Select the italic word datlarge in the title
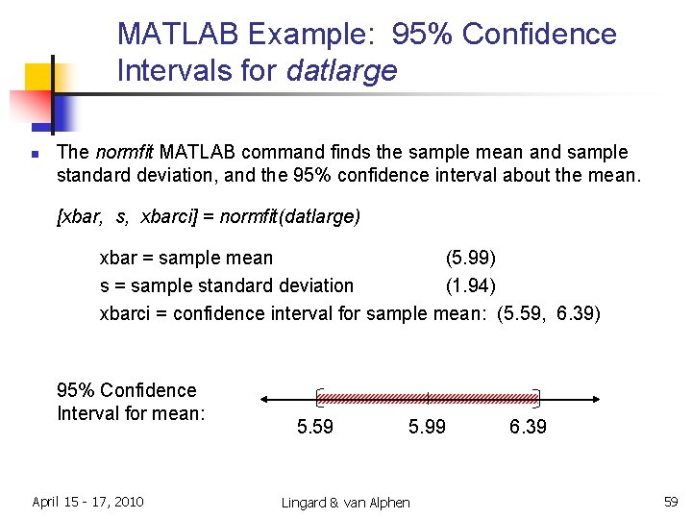click(341, 71)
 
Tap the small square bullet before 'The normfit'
click(35, 154)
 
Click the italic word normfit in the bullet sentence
click(124, 152)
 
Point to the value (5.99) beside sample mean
click(470, 258)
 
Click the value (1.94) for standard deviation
click(470, 285)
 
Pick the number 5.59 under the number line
click(315, 427)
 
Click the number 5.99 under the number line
click(427, 427)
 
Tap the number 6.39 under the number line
click(528, 427)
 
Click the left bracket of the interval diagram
click(319, 397)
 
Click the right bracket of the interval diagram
click(536, 397)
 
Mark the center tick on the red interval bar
click(428, 397)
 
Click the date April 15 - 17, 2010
click(87, 501)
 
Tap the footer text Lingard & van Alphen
click(345, 503)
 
